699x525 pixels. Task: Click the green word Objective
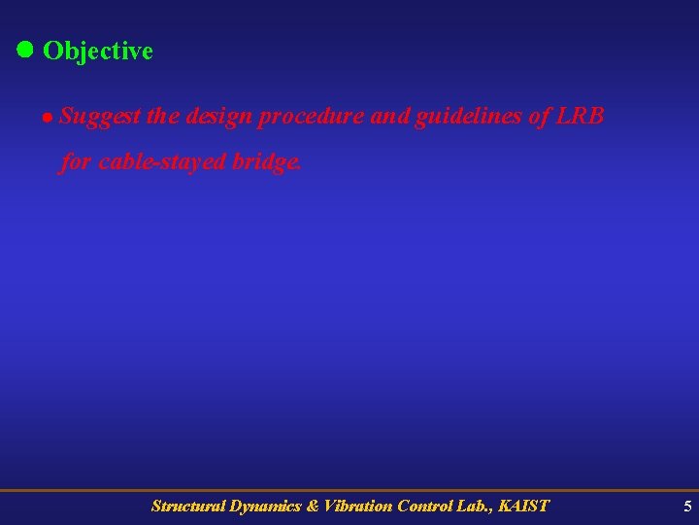pos(98,51)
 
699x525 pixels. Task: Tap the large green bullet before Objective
pos(25,49)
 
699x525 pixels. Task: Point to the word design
pos(216,118)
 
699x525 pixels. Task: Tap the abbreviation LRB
pos(580,117)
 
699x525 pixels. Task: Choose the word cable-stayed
pos(161,161)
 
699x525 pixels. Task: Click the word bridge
pos(267,161)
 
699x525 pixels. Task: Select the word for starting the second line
pos(76,161)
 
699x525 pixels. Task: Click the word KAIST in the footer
pos(522,506)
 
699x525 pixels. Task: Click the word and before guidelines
pos(391,118)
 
